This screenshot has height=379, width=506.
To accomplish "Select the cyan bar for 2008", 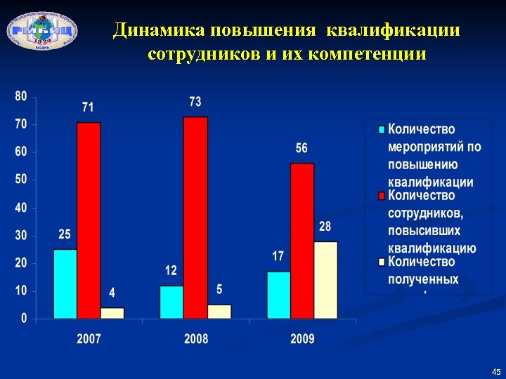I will click(171, 302).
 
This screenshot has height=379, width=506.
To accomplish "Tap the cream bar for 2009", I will click(325, 280).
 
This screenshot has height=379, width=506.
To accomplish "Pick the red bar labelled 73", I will click(195, 218).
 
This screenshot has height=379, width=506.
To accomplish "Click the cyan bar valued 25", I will click(65, 284).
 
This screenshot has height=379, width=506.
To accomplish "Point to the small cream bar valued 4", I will click(112, 313).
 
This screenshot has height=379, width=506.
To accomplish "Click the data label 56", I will click(301, 149).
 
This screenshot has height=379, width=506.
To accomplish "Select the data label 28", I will click(325, 227).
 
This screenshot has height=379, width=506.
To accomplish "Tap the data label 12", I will click(171, 270).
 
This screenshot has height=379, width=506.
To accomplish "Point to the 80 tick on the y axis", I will click(21, 96).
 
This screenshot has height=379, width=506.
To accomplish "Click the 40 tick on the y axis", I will click(21, 208).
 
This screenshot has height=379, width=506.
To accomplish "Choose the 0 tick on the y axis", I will click(24, 319).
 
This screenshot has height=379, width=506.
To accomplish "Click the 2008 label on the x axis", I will click(196, 339).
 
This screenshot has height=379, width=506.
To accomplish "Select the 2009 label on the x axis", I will click(302, 339).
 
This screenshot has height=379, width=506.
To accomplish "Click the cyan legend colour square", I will click(382, 130).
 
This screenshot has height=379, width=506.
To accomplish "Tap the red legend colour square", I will click(382, 196).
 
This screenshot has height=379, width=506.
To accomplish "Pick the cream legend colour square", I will click(382, 262).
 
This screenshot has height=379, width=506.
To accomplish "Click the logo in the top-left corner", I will click(42, 29).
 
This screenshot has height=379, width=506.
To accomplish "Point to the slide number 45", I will click(496, 371).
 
